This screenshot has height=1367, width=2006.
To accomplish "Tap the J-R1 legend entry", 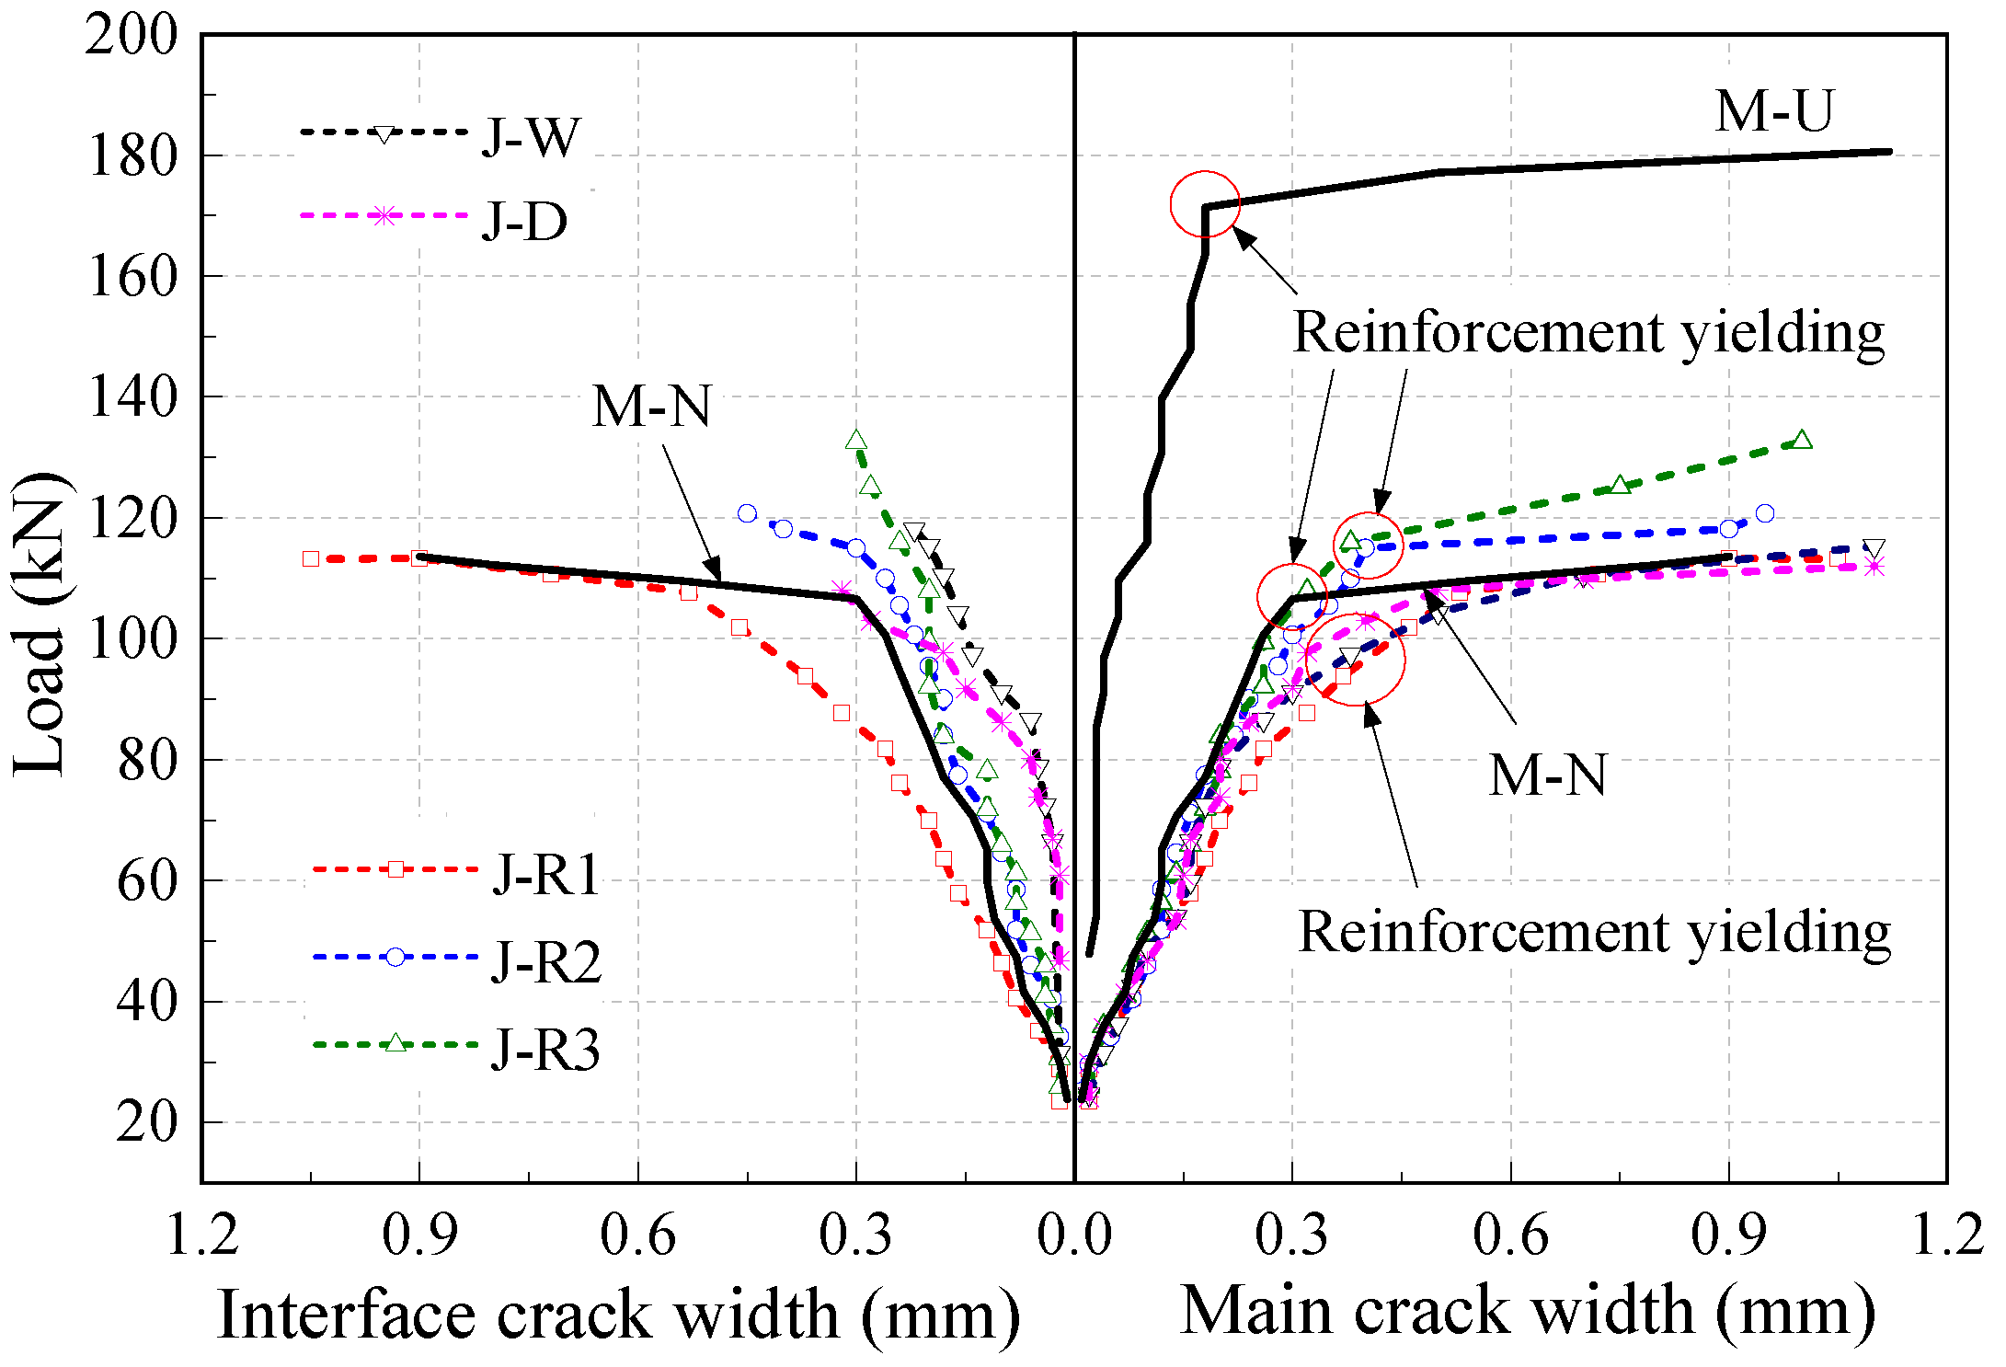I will (456, 871).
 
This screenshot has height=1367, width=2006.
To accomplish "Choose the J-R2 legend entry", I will (458, 959).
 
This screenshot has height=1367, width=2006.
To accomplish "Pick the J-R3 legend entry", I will (456, 1047).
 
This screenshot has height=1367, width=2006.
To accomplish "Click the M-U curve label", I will (1773, 111).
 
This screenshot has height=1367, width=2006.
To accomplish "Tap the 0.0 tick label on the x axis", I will (1074, 1235).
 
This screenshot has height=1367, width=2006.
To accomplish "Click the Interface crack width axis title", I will (618, 1314).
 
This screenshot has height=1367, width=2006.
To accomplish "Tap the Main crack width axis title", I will (1527, 1310).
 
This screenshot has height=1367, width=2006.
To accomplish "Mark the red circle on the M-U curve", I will (1205, 204).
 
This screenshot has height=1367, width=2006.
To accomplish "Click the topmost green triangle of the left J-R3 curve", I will (856, 441).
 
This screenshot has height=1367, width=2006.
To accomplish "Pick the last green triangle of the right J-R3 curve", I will (1802, 440).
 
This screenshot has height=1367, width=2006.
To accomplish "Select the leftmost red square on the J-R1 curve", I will (311, 558).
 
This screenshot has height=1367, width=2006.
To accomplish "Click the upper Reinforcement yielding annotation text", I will (1588, 332).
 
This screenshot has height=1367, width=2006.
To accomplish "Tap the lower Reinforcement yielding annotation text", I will (1593, 933).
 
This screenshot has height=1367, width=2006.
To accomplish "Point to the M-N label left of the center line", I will (651, 407).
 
